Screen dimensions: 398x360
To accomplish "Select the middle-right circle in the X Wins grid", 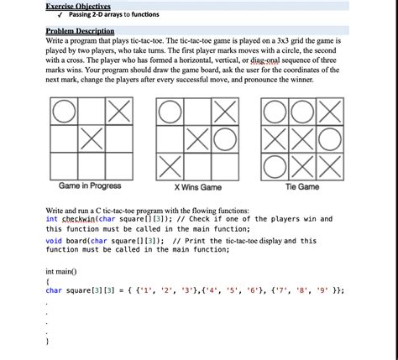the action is [224, 137].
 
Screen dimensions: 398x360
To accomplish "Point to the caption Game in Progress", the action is [90, 186].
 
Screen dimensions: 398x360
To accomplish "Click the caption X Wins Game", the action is [197, 187].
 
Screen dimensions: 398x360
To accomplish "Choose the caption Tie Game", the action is [302, 186].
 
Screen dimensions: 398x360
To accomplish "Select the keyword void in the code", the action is [55, 240].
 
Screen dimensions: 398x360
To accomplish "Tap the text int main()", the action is [60, 272].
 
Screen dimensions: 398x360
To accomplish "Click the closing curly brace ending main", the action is [48, 342].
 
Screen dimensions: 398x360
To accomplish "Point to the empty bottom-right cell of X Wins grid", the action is [224, 163].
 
